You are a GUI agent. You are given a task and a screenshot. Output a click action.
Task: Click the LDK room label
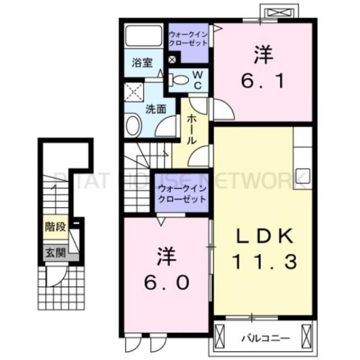coord(262,238)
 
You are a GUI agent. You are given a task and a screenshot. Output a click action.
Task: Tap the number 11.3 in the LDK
coord(262,262)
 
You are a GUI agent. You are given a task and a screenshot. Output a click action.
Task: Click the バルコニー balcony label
coord(260,338)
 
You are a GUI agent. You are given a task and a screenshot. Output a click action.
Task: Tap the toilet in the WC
coord(179,79)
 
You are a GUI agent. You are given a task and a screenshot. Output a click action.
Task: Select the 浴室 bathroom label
coord(142,62)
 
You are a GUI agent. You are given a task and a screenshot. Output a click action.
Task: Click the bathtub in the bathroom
coord(143,37)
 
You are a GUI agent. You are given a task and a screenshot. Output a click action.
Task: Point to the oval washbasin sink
coord(133,127)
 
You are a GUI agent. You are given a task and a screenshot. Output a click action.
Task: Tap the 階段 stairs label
coord(53,227)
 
